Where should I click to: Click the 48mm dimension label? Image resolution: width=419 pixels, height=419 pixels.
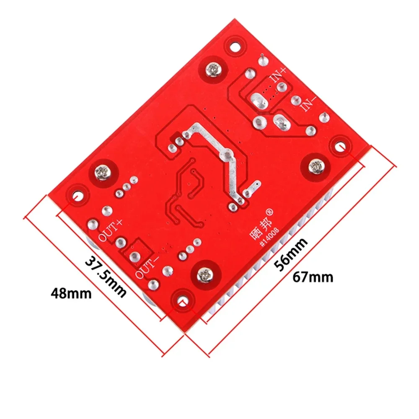click(x=70, y=292)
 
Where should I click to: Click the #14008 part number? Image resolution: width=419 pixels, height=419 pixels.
click(x=270, y=238)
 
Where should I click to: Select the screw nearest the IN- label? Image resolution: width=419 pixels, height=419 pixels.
click(x=316, y=166)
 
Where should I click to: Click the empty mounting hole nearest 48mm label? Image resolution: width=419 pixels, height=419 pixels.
click(x=77, y=196)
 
